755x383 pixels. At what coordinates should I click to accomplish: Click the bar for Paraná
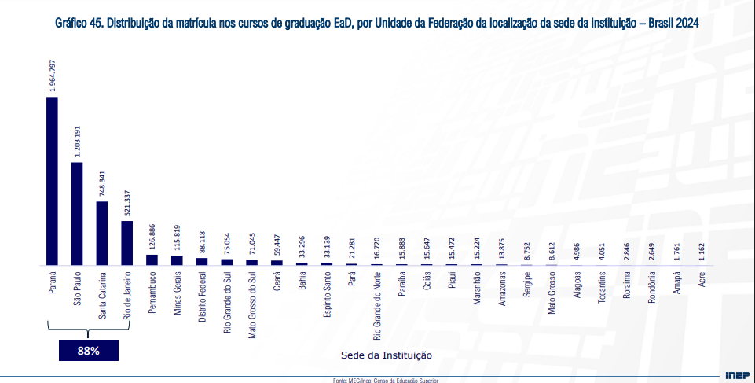[52, 181]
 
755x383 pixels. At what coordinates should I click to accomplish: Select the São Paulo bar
[77, 213]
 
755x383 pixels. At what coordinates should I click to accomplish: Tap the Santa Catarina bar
[102, 233]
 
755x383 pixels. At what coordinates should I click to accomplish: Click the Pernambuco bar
[152, 260]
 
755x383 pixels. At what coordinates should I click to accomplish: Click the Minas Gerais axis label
[177, 293]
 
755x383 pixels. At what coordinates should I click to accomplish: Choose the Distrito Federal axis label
[202, 296]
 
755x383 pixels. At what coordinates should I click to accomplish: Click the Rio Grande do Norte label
[377, 303]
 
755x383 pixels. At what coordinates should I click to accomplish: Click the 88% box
[88, 351]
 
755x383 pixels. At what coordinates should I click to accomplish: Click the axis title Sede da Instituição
[386, 355]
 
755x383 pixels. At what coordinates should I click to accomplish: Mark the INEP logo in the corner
[736, 375]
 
